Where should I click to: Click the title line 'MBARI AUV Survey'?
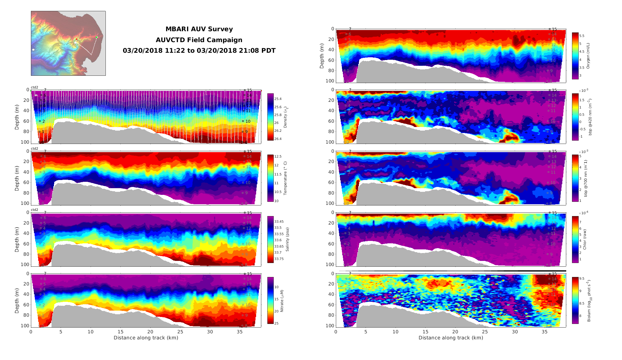tap(199, 29)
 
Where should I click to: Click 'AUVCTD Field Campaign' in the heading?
tap(199, 40)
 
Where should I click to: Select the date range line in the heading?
tap(199, 51)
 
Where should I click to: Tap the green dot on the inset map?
tap(97, 37)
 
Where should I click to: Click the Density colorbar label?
tap(285, 117)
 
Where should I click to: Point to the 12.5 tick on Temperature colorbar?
tap(278, 156)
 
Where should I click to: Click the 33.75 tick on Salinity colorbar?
tap(279, 259)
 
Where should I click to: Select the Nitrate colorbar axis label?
tap(282, 301)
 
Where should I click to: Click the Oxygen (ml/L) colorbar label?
tap(588, 56)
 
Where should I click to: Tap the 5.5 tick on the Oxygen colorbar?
tap(582, 36)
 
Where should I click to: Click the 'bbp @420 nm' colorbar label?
tap(590, 117)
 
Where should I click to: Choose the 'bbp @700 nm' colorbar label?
tap(586, 178)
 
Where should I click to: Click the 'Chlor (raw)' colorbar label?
tap(585, 239)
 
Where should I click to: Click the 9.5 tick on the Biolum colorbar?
tap(582, 278)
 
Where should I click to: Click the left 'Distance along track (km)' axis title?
tap(146, 338)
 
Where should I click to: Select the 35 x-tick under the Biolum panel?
tap(544, 332)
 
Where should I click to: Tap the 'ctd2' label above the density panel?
tap(35, 87)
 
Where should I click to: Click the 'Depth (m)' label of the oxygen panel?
tap(322, 56)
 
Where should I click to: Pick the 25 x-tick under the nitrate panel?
tap(180, 332)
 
